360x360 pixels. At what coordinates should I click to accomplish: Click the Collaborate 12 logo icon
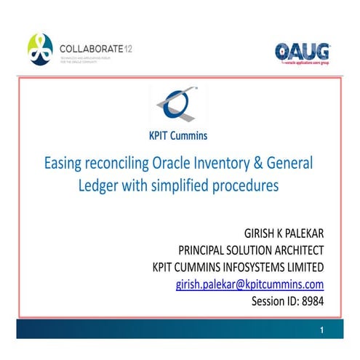point(41,49)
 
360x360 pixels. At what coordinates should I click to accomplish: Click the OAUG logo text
point(302,50)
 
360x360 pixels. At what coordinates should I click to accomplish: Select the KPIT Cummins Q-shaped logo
point(177,105)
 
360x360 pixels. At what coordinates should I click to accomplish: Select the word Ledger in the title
point(99,185)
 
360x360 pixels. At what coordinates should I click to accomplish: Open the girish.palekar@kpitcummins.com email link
point(249,284)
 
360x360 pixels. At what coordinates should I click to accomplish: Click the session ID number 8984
point(310,300)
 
